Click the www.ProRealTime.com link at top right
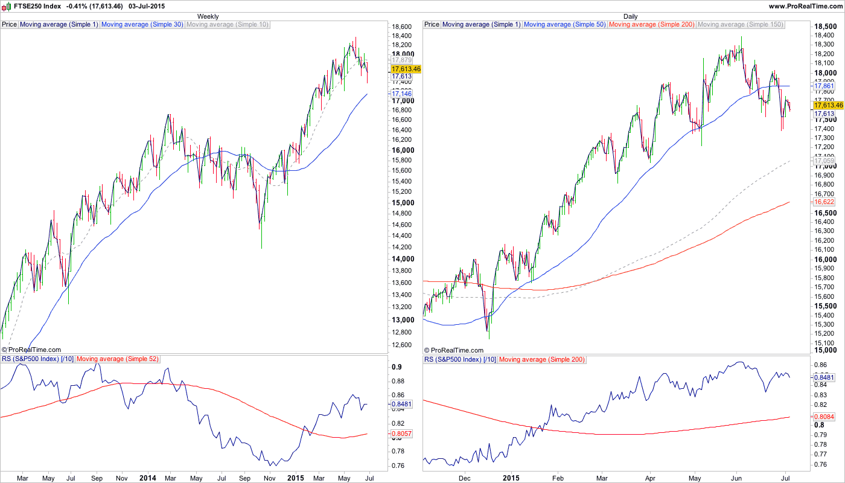805,6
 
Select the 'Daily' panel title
630,16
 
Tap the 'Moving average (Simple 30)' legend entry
142,25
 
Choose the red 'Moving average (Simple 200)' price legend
652,25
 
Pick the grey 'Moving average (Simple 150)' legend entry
741,25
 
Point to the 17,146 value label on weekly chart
401,94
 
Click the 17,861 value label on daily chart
824,86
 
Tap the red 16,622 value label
824,202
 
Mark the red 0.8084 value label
824,416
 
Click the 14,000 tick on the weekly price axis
402,258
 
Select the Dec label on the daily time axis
464,478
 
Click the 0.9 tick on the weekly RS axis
397,367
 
